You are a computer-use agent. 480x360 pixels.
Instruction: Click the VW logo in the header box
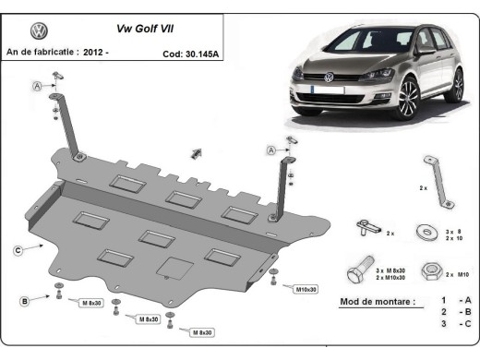(x=40, y=30)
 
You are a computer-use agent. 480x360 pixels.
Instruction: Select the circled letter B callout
(x=25, y=300)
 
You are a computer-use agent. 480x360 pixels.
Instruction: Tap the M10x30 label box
(x=306, y=289)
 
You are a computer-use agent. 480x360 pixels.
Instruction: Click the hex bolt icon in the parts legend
(x=361, y=272)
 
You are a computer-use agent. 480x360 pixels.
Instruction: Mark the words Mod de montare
(x=377, y=302)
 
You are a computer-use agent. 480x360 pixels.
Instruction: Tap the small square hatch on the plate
(x=170, y=267)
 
